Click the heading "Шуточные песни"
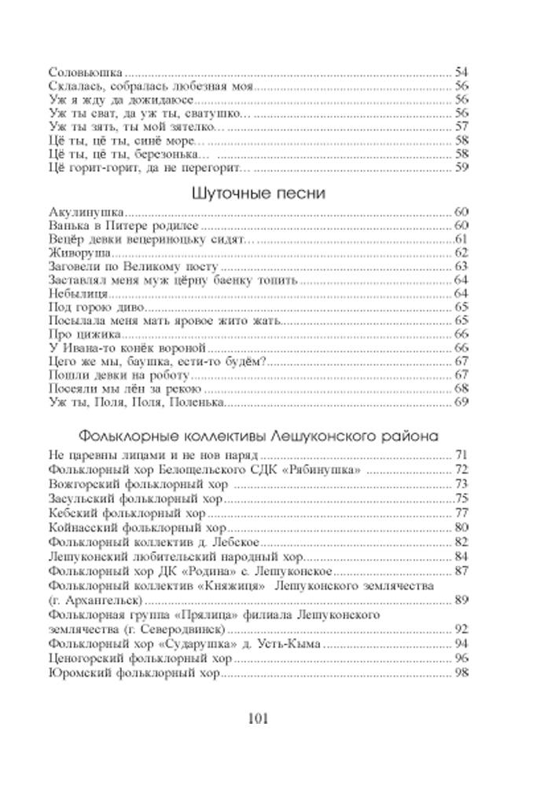[x=259, y=194]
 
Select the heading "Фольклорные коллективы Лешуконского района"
[x=259, y=436]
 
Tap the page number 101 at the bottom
[x=258, y=719]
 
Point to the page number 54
[x=461, y=72]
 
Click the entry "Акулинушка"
[x=86, y=212]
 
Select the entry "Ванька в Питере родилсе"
[x=124, y=226]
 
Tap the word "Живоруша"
[x=79, y=253]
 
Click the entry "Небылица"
[x=78, y=294]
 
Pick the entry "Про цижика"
[x=85, y=334]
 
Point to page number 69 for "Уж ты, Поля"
[x=461, y=401]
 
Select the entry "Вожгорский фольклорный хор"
[x=138, y=484]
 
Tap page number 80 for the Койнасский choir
[x=461, y=528]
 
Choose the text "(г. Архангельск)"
[x=96, y=600]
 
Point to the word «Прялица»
[x=209, y=615]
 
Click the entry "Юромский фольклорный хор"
[x=134, y=674]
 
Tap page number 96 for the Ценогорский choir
[x=461, y=659]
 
